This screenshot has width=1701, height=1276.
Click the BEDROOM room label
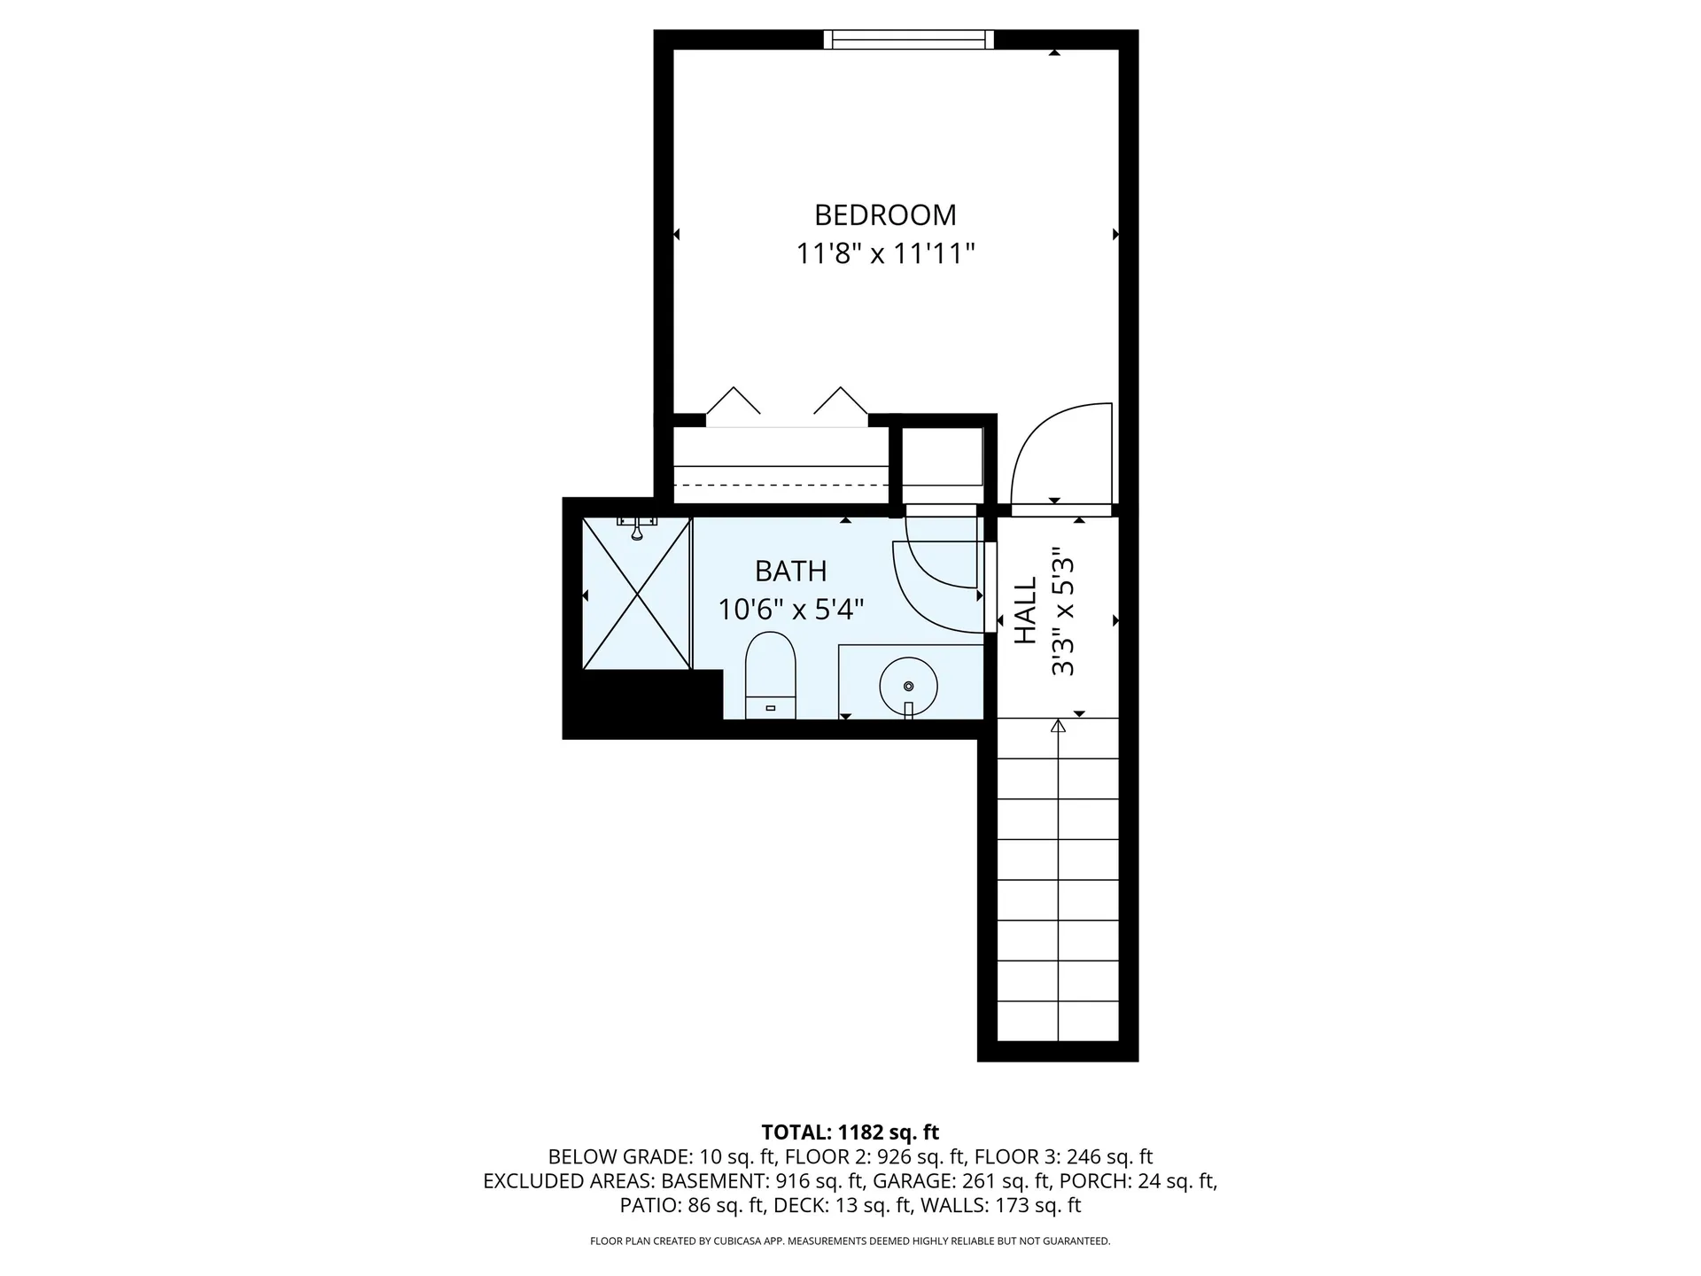pos(885,215)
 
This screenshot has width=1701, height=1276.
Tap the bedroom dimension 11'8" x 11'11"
pos(885,254)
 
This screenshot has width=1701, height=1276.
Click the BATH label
pos(790,572)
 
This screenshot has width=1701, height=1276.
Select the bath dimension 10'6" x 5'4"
pos(790,610)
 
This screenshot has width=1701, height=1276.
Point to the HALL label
pos(1025,611)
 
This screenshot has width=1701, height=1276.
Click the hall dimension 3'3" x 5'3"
pos(1062,611)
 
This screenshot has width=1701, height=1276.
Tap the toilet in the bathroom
pos(771,673)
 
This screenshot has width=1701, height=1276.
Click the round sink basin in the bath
pos(908,685)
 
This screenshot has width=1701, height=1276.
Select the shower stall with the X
pos(636,594)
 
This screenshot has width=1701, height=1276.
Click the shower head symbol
pos(637,529)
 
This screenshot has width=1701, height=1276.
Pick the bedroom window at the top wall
pos(908,39)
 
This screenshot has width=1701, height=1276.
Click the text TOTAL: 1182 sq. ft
pos(850,1132)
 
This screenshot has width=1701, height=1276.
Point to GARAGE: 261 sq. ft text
pos(959,1180)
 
